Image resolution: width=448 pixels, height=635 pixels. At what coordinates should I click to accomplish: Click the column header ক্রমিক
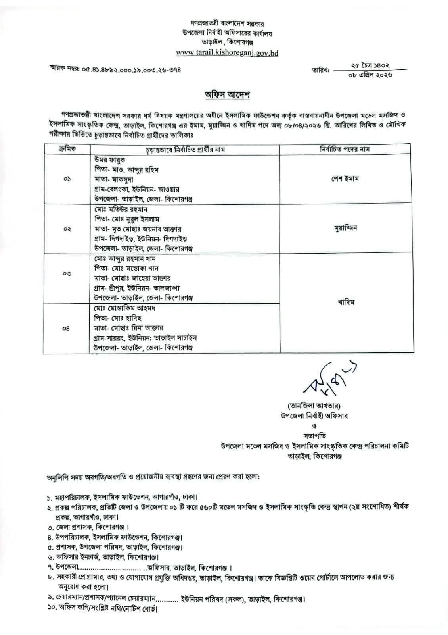67,149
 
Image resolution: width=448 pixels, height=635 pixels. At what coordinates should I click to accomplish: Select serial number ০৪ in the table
66,328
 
